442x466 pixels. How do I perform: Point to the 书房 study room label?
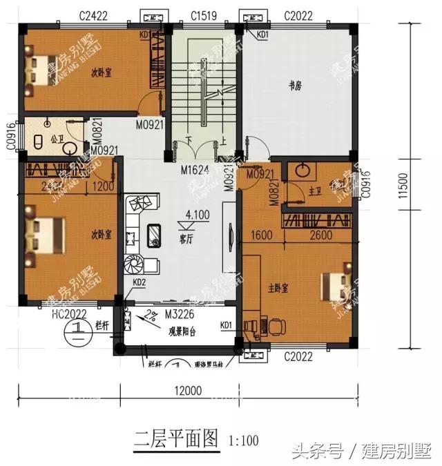pos(296,86)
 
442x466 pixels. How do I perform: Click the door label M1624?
pos(195,169)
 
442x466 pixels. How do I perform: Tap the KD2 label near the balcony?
pos(139,282)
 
